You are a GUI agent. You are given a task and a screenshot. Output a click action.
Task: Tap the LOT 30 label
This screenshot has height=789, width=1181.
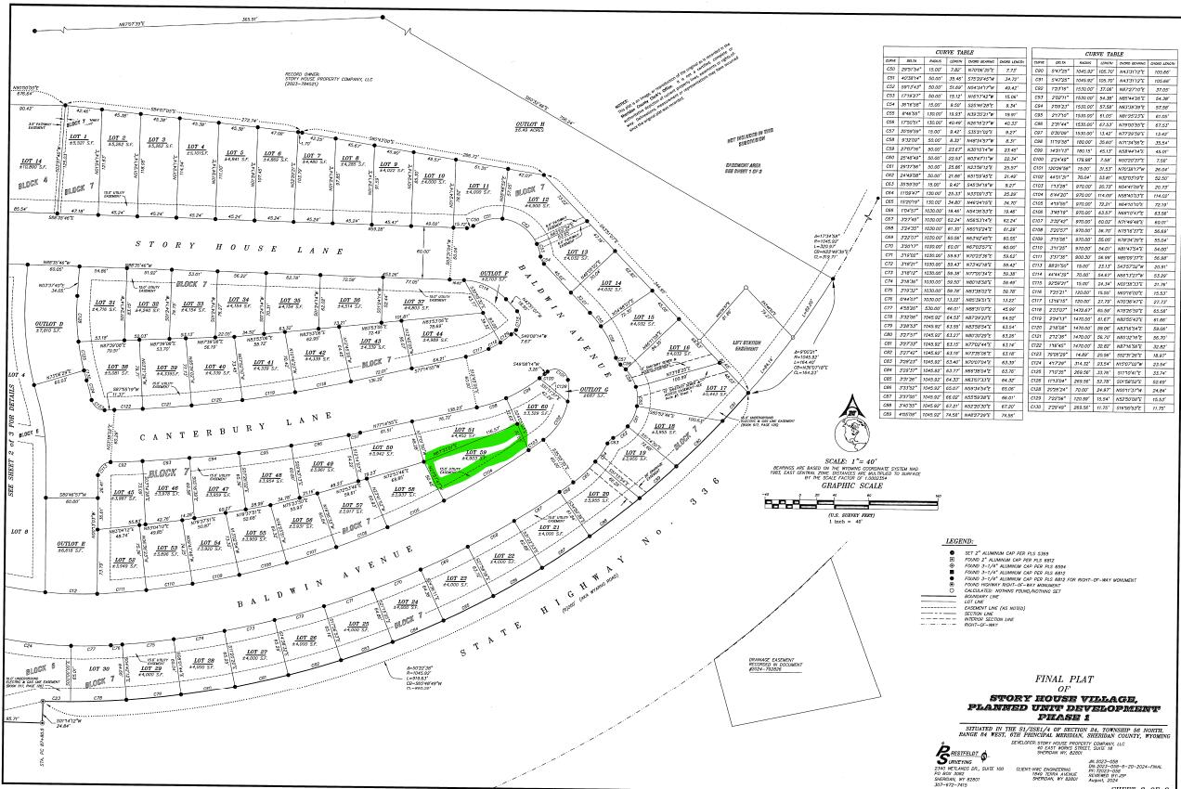(x=98, y=668)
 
